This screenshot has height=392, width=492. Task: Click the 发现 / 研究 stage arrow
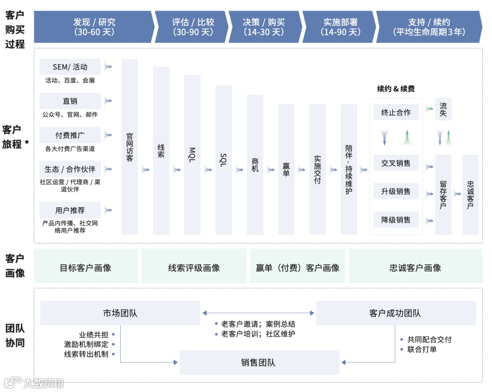click(94, 27)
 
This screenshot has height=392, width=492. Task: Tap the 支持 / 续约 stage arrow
click(428, 27)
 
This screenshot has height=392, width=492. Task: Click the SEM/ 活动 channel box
click(70, 67)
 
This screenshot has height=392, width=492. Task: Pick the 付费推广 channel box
click(70, 135)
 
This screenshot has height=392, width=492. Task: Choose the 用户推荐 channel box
click(70, 211)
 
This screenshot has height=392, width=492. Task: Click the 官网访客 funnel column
click(130, 147)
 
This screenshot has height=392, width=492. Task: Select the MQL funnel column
click(192, 155)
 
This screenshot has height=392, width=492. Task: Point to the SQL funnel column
click(224, 160)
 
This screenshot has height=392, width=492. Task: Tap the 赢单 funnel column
click(286, 169)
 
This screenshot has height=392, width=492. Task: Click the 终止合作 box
click(396, 112)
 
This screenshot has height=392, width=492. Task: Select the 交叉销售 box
click(396, 163)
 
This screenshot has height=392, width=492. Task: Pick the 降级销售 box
click(396, 220)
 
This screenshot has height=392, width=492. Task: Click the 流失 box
click(443, 109)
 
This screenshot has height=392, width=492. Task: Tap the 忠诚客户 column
click(471, 195)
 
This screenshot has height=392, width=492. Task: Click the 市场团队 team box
click(120, 313)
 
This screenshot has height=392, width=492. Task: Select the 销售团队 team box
click(259, 363)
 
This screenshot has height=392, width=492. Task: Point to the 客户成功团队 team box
click(395, 313)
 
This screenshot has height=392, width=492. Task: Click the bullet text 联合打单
click(421, 349)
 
